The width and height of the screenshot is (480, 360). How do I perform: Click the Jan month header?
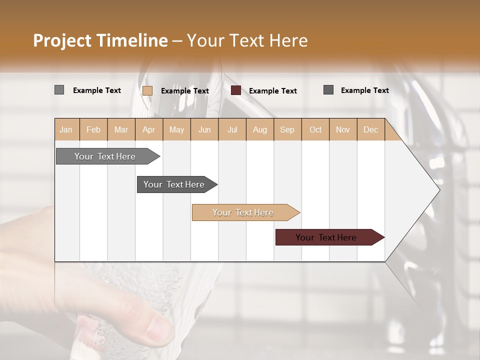66,129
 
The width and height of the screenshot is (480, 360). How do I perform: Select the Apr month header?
148,129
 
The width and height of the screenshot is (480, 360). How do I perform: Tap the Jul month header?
232,129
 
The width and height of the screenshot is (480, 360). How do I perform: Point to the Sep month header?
287,129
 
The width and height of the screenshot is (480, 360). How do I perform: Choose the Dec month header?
370,129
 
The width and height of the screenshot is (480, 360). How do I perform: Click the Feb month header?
93,129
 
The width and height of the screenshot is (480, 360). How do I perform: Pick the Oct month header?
315,129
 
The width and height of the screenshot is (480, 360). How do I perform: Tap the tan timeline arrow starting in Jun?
244,212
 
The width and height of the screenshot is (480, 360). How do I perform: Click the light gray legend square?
59,90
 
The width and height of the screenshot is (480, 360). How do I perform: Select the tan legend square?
147,90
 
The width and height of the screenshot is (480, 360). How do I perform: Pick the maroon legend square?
235,90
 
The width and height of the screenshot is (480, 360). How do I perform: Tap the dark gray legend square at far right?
328,90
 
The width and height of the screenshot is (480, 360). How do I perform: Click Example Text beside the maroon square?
272,91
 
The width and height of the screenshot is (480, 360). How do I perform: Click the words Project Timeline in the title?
100,40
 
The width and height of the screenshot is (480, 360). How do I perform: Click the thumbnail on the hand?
159,327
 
